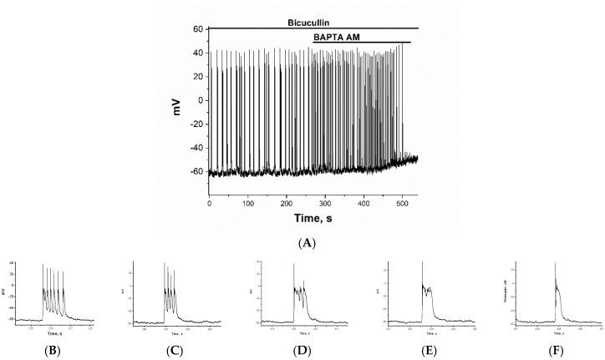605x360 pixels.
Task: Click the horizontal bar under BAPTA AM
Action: point(361,43)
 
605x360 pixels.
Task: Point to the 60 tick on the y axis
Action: point(198,28)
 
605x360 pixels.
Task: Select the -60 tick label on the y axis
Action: point(195,172)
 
